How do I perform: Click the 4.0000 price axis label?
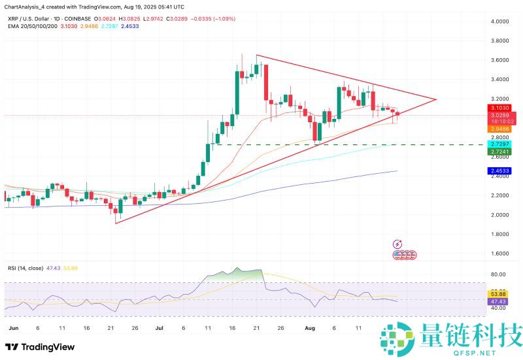501,22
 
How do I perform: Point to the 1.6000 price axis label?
501,253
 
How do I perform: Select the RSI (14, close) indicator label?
25,268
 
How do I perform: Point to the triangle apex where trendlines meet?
436,99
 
